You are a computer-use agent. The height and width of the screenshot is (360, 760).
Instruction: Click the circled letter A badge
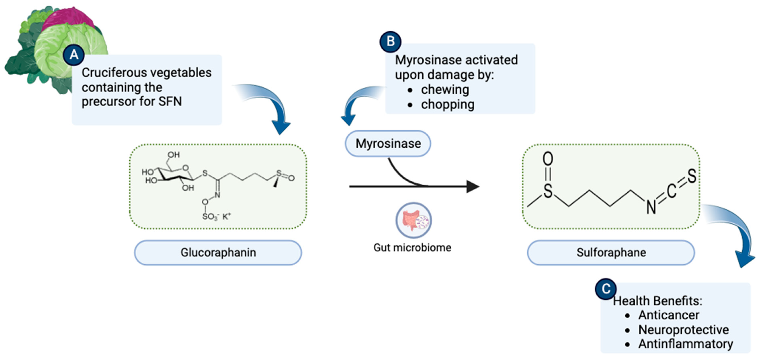(74, 55)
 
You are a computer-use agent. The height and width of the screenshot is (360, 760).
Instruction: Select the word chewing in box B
(445, 89)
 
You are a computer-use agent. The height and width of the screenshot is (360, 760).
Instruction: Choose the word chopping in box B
(447, 104)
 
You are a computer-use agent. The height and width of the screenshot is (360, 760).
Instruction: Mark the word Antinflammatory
(685, 344)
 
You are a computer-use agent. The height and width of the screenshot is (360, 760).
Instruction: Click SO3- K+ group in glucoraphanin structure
(216, 217)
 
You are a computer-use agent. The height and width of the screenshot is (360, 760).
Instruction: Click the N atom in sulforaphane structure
(651, 207)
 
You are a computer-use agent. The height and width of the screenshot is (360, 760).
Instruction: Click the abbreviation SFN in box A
(170, 101)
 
